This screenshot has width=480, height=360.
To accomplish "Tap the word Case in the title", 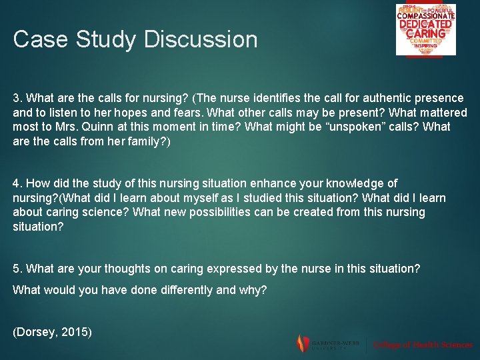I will (40, 39).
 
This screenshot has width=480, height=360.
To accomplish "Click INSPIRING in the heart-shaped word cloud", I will (425, 46).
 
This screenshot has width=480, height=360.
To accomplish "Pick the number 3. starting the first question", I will (18, 97).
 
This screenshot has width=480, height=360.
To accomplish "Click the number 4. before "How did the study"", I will (18, 183).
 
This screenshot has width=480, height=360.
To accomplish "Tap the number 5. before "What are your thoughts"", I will (18, 269).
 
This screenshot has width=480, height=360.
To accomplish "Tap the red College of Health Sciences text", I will (423, 345).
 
